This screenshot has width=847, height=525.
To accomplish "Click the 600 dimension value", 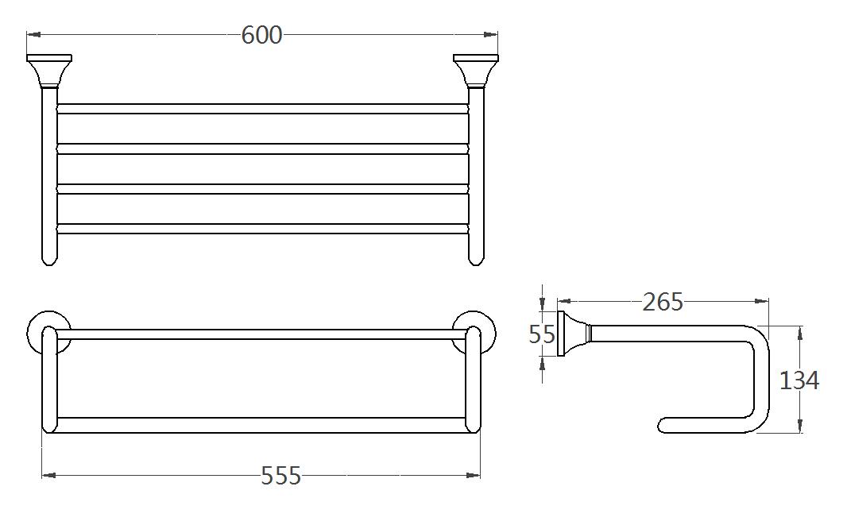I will coord(262,35).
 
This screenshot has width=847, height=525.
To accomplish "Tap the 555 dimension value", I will coord(281,476).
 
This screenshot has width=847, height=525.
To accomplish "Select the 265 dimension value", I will coord(663,302).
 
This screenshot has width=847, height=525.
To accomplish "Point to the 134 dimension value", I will coord(799,380).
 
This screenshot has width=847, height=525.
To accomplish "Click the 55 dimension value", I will coord(542,334).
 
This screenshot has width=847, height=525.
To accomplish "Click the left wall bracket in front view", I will coord(48,71).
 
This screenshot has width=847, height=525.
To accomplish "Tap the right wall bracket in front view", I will coord(476,71).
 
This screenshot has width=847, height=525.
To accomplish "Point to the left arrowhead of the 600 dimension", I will coord(32,34).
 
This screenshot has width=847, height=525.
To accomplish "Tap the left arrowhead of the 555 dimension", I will coord(47,475).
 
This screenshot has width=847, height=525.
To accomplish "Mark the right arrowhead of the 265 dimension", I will coord(764,302).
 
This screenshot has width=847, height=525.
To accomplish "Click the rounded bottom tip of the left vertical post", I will coord(49,260).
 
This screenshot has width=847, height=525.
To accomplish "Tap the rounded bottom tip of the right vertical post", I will coord(476,260).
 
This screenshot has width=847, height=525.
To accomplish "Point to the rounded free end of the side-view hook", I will coord(663,426).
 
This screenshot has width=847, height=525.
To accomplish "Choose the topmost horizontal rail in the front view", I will coord(262,109).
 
